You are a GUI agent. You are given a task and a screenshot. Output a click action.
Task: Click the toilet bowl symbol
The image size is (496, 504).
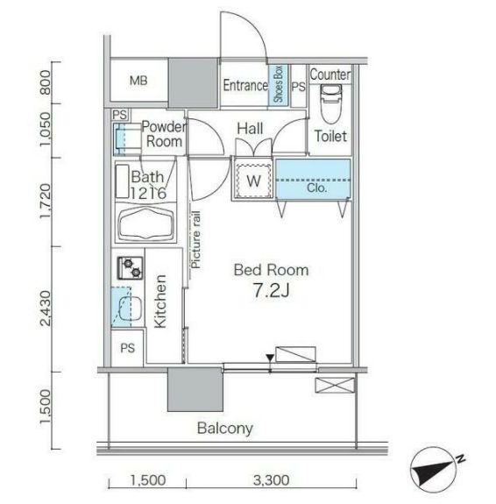(x=330, y=104)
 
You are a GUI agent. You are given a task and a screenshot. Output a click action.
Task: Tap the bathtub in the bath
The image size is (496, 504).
(x=145, y=223)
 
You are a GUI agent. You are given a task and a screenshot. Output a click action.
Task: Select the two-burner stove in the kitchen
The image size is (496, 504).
(x=131, y=267)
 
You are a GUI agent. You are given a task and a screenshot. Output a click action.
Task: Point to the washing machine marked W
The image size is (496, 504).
(x=253, y=181)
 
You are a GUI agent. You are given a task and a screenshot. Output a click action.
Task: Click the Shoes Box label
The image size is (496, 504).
(x=278, y=84)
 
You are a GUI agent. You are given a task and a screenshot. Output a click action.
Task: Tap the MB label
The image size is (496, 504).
(x=138, y=81)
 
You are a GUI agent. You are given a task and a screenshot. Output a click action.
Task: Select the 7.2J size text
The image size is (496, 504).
(x=272, y=291)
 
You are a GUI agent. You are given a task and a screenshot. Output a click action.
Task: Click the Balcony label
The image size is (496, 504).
(x=225, y=429)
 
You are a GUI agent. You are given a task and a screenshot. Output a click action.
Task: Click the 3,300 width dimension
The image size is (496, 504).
(x=271, y=480)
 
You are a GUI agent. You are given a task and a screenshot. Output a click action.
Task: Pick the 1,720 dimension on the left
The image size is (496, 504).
(x=45, y=202)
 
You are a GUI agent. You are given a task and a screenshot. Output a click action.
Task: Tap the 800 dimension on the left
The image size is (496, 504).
(x=45, y=82)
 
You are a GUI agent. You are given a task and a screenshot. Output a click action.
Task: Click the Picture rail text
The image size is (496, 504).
(x=195, y=239)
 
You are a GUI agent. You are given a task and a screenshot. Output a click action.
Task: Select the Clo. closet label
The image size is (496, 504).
(x=316, y=188)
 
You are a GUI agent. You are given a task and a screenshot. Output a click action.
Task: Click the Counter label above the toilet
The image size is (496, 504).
(x=330, y=75)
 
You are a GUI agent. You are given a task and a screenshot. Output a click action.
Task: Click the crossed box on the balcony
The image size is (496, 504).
(x=335, y=385)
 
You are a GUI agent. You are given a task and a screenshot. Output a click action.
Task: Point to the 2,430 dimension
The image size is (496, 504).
(x=45, y=309)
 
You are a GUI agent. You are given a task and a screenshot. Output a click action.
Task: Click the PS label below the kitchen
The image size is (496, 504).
(x=128, y=348)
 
